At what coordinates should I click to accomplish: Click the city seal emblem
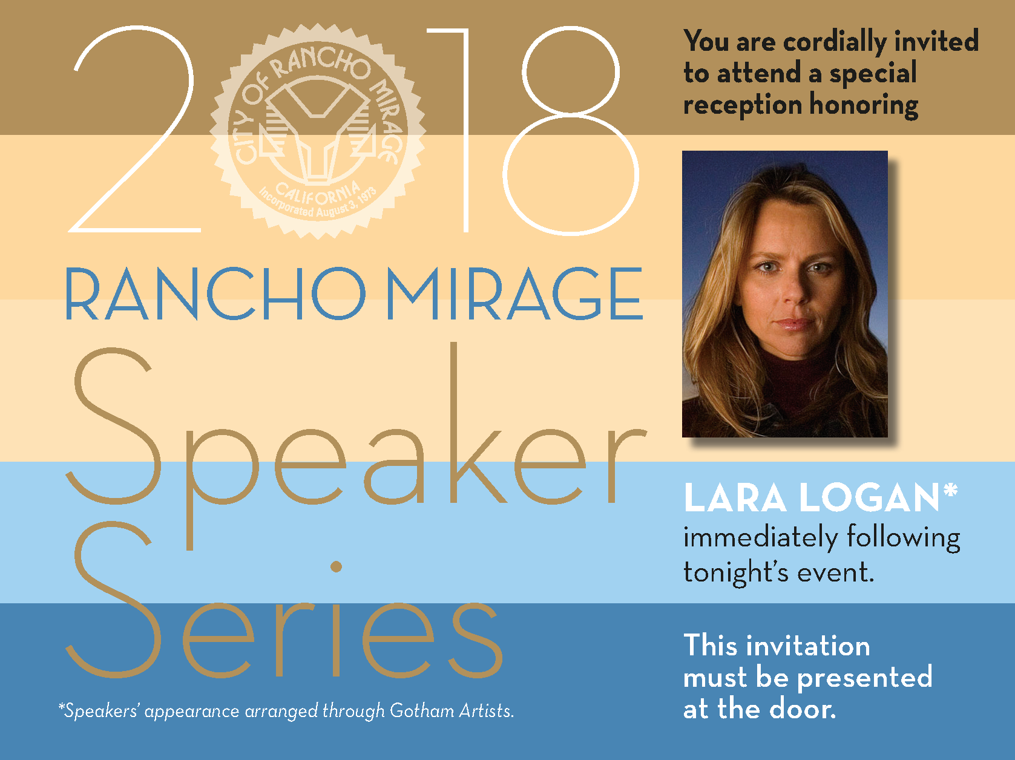pyautogui.click(x=318, y=131)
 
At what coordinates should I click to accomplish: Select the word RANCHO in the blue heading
pyautogui.click(x=216, y=293)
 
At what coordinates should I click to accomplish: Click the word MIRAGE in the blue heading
pyautogui.click(x=514, y=293)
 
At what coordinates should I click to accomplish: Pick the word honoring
pyautogui.click(x=864, y=105)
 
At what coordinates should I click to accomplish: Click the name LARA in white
pyautogui.click(x=735, y=498)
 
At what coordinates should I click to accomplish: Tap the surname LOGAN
pyautogui.click(x=869, y=498)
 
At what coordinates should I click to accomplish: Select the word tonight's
pyautogui.click(x=736, y=573)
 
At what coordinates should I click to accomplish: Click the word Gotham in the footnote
pyautogui.click(x=422, y=710)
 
